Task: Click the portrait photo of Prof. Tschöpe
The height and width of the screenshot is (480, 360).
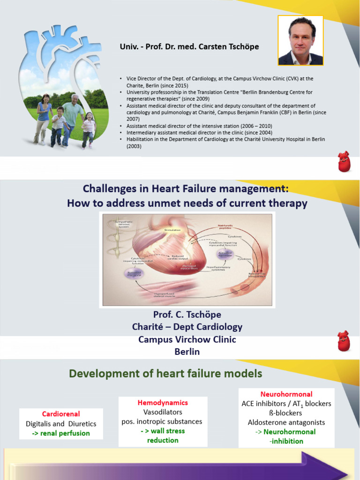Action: (x=300, y=41)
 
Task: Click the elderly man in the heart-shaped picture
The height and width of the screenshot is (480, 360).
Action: (x=73, y=117)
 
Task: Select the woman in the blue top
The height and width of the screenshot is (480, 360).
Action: (x=44, y=117)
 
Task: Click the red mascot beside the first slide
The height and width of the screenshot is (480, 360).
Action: (x=344, y=162)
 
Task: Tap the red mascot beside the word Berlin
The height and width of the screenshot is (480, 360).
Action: (x=344, y=341)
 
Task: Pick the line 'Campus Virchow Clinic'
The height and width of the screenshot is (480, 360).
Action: (x=187, y=339)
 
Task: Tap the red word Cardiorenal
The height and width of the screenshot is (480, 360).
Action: (x=61, y=414)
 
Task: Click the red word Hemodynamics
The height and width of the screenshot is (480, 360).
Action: (x=163, y=403)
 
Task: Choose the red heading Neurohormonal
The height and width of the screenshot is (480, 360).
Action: (x=286, y=394)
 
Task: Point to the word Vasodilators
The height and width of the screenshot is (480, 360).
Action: (x=162, y=412)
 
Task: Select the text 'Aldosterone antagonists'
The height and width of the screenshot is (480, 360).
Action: (x=286, y=422)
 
